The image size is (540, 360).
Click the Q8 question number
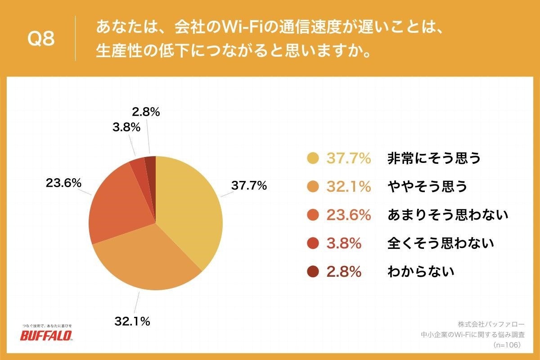(x=41, y=39)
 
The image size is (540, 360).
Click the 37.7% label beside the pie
(x=249, y=185)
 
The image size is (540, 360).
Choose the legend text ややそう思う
(x=427, y=186)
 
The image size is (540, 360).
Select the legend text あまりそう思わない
(x=447, y=215)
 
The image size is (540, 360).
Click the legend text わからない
(x=420, y=271)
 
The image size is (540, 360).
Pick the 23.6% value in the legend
(x=349, y=215)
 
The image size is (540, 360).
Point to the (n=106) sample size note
(x=507, y=345)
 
